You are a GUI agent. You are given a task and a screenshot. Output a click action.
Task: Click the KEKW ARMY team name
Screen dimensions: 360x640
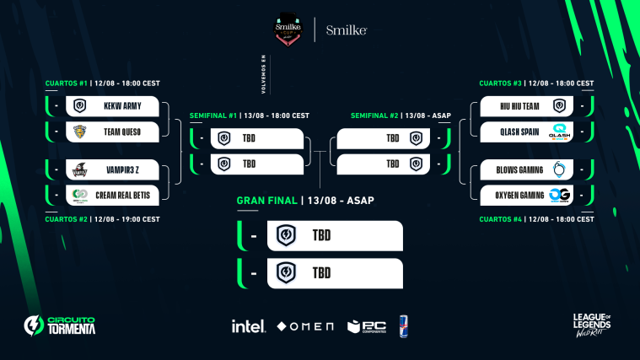[122, 106]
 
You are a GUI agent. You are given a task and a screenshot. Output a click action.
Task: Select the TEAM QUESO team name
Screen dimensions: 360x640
[122, 132]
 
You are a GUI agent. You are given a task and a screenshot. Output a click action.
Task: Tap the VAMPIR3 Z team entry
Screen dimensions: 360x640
[122, 170]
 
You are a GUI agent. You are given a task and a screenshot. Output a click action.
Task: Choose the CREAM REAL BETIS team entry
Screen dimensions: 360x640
[122, 196]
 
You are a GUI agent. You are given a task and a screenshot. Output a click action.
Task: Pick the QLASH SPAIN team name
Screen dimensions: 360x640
[517, 132]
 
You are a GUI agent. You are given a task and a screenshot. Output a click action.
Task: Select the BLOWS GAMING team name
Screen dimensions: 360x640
[516, 170]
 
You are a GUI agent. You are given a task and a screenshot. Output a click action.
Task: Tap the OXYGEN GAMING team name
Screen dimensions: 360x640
[515, 196]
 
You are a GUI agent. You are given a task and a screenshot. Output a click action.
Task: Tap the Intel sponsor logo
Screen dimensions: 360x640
[249, 325]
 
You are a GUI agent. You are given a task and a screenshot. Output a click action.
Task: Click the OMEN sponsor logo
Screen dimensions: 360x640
[305, 326]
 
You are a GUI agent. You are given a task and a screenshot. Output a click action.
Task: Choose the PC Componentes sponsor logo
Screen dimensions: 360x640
[366, 325]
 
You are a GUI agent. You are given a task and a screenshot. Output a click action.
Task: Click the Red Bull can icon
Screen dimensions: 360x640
[404, 325]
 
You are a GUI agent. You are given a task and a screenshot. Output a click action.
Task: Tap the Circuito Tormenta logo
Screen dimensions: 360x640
[60, 325]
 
